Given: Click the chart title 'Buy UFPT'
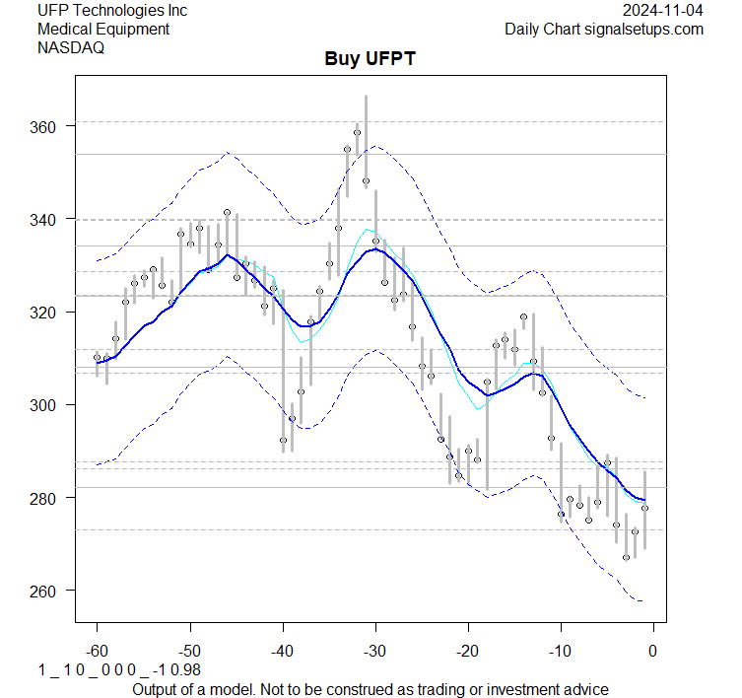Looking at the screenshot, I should tap(371, 59).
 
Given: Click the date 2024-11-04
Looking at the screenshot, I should tap(663, 11).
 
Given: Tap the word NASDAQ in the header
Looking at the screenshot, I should tap(73, 47).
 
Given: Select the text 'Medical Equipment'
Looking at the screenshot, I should tap(103, 29).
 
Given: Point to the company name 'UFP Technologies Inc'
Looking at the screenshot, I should tap(112, 11).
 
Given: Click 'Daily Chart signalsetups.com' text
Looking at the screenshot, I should tap(604, 29).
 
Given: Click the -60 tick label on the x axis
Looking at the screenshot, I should tap(97, 651).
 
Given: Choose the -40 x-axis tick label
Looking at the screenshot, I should tap(283, 651).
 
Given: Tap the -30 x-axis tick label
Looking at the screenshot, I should tap(375, 651).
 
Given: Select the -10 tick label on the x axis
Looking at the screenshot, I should tap(561, 651).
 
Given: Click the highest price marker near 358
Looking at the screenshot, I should tap(357, 132).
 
